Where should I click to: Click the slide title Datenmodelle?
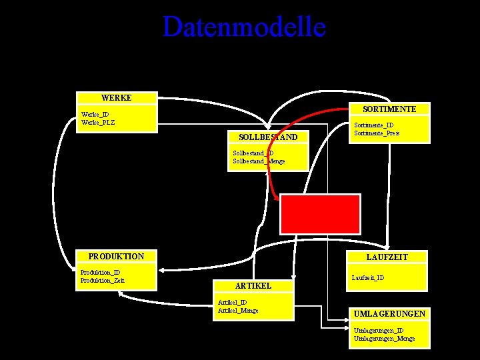point(244,27)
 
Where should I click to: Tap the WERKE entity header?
point(117,98)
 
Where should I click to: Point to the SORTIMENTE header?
point(390,109)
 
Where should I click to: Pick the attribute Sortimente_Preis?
point(377,133)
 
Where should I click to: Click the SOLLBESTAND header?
point(268,137)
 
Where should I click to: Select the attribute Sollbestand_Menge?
point(259,161)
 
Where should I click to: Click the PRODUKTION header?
point(116,257)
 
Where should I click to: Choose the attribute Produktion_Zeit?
point(102,280)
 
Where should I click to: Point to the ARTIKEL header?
point(253,285)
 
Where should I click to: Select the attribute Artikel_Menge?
point(238,310)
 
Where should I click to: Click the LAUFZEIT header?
point(387,257)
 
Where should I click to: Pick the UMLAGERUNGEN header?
point(390,313)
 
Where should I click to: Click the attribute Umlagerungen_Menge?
point(384,339)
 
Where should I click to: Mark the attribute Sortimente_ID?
point(373,125)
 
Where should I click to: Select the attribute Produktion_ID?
point(100,272)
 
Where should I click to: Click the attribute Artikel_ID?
point(233,302)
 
